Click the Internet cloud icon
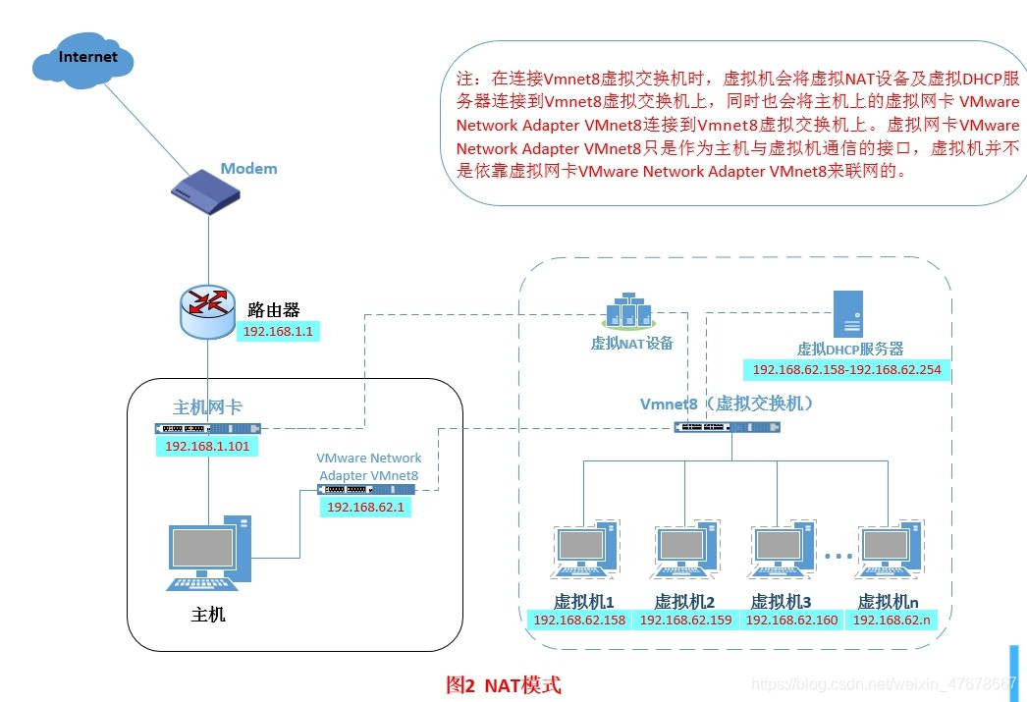click(x=83, y=60)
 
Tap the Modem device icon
click(x=205, y=191)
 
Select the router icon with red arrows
click(x=207, y=311)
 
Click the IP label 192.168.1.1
click(x=278, y=331)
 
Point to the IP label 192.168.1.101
click(x=207, y=446)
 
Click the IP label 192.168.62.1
click(x=365, y=507)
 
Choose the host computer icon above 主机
click(x=209, y=553)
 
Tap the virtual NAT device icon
click(x=628, y=309)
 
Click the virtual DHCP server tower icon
click(x=848, y=313)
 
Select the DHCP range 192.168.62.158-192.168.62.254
click(x=846, y=369)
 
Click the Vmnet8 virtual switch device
click(x=727, y=427)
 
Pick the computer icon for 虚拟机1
click(x=584, y=550)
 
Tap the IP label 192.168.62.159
click(x=685, y=620)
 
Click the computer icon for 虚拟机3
click(x=781, y=550)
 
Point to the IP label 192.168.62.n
click(x=892, y=620)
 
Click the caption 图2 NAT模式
click(x=503, y=685)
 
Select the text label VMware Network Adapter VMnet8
click(x=369, y=467)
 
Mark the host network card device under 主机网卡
click(x=207, y=428)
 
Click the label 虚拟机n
click(x=889, y=601)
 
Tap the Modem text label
click(x=248, y=168)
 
